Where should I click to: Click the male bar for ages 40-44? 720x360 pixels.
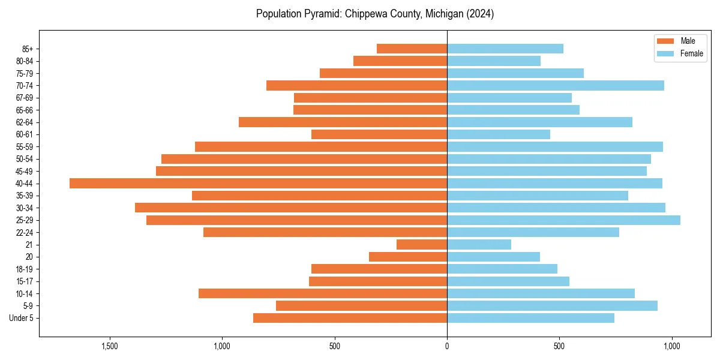click(258, 183)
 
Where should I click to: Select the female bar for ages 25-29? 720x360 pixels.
click(563, 220)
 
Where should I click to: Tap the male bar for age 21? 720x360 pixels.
click(422, 244)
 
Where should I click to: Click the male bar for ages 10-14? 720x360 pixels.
click(323, 293)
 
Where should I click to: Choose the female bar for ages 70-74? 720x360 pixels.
click(556, 85)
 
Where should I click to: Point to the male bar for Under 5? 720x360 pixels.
click(350, 318)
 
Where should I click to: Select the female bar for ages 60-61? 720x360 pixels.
click(499, 134)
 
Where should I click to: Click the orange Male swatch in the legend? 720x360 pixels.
click(666, 41)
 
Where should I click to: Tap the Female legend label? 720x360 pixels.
click(692, 53)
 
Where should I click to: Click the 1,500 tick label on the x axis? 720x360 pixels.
click(109, 346)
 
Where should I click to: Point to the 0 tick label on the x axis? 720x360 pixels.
click(447, 346)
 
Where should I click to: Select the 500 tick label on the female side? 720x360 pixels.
click(559, 346)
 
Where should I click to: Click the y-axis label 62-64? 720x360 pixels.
click(25, 122)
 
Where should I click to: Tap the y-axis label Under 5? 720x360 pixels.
click(22, 318)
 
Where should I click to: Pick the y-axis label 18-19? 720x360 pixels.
click(25, 269)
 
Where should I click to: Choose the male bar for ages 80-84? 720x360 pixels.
click(400, 61)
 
